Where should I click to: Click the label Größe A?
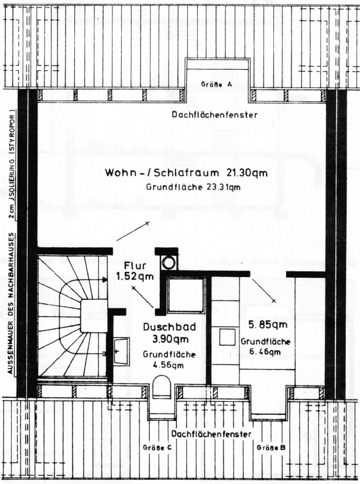[x=217, y=84]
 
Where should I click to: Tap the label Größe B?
[x=271, y=448]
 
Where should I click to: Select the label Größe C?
[x=157, y=448]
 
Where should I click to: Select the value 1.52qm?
[x=132, y=275]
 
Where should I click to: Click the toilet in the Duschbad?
[x=160, y=387]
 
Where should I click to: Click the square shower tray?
[x=186, y=295]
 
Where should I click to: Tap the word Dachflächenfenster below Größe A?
[x=214, y=115]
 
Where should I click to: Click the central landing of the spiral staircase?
[x=92, y=315]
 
